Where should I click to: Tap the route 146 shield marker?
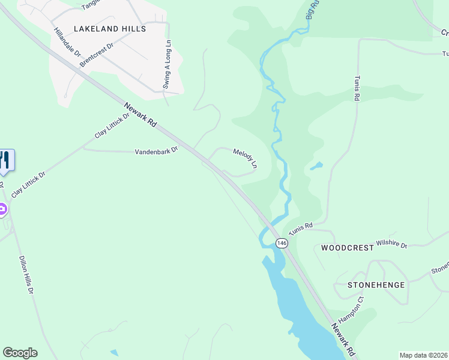coord(282,243)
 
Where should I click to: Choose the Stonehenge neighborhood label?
coord(376,285)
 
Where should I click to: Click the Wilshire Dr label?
coord(391,245)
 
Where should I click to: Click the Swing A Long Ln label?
coord(167,65)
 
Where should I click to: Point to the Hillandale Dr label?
coord(67,42)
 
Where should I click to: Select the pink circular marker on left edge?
coord(2,209)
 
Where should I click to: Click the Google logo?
coord(20,353)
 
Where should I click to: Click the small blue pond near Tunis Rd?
coord(316,166)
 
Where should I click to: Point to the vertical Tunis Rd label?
coord(356,87)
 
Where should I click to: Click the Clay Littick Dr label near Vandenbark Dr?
coord(112,126)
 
